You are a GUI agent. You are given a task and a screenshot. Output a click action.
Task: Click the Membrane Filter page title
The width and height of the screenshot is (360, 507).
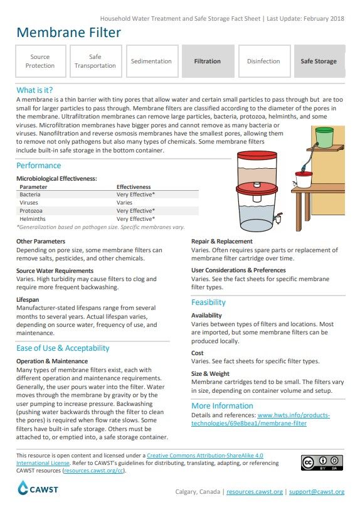[68, 33]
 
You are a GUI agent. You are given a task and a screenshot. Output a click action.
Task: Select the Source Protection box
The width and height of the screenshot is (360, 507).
[40, 61]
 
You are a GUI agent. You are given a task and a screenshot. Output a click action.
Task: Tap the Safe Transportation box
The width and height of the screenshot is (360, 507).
[95, 61]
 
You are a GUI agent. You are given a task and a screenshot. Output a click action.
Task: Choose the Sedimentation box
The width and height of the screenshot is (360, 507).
[151, 61]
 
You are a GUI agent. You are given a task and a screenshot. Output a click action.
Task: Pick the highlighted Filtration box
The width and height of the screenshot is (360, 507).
[207, 61]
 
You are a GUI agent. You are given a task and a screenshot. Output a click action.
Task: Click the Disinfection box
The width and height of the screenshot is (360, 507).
[263, 61]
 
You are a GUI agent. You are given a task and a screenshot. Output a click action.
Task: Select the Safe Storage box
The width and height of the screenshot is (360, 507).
[319, 61]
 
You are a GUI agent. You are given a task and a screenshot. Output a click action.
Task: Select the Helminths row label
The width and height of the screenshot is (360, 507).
[33, 219]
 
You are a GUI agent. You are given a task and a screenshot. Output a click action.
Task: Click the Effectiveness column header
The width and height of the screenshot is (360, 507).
[134, 187]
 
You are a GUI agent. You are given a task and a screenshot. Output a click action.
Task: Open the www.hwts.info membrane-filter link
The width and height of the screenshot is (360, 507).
[293, 419]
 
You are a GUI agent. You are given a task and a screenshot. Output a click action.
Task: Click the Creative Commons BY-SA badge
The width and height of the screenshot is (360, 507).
[322, 463]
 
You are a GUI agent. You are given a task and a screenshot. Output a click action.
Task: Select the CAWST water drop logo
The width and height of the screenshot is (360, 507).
[23, 488]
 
